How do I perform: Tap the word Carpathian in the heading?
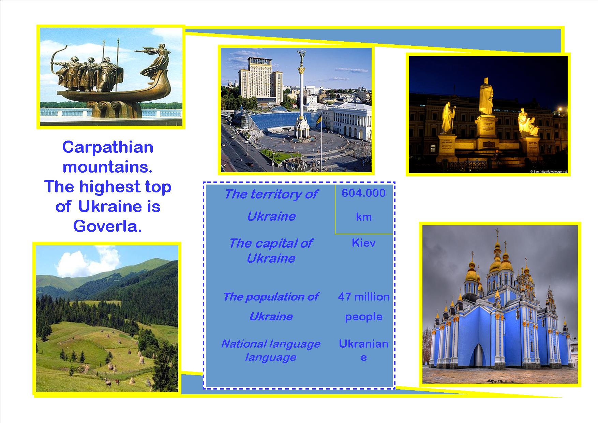pos(108,148)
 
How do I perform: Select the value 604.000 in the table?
pos(363,193)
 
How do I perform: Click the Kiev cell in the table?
pos(363,243)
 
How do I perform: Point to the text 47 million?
pos(364,297)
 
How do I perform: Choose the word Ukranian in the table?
pos(363,344)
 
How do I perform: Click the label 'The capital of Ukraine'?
pos(271,251)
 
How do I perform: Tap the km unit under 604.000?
pos(363,217)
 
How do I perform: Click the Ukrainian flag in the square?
pos(319,120)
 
